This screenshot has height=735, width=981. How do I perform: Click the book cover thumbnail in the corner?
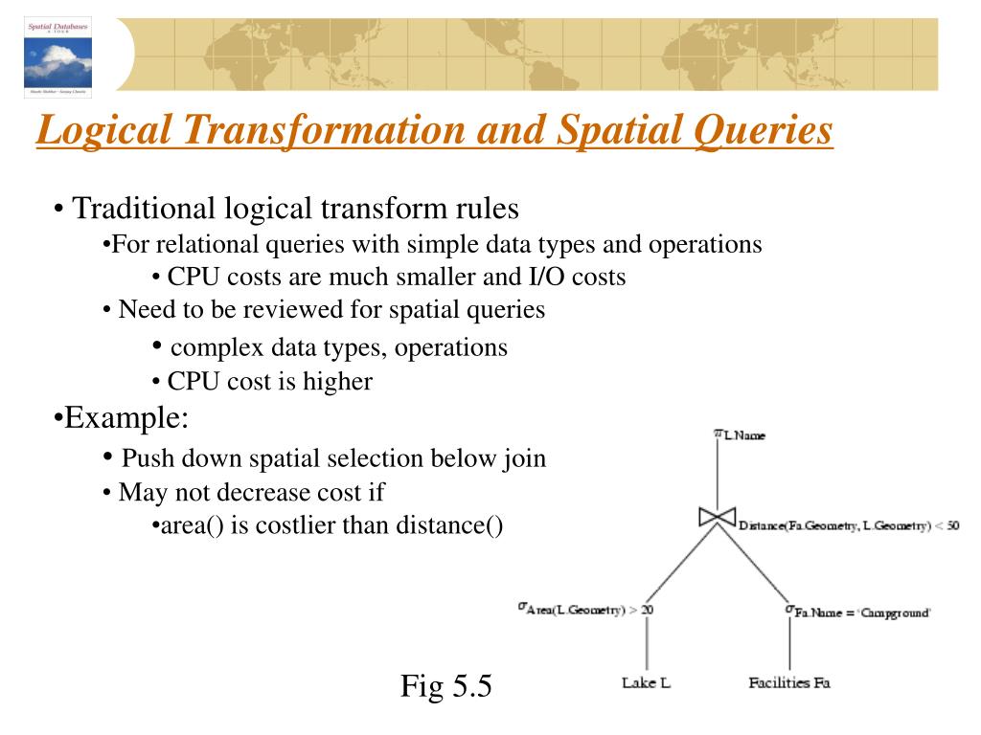click(x=58, y=56)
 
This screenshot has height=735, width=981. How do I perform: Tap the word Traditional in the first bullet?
click(x=148, y=208)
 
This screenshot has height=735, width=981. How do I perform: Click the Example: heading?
click(x=122, y=418)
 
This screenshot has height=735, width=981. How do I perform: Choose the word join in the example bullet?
click(x=523, y=458)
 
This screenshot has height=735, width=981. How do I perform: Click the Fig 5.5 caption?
click(x=445, y=685)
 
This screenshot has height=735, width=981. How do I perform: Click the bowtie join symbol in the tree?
click(x=717, y=518)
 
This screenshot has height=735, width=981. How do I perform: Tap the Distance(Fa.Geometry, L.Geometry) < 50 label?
click(x=849, y=525)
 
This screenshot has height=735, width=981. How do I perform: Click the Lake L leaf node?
click(x=646, y=682)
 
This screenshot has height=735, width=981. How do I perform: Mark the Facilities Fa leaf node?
click(x=788, y=682)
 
